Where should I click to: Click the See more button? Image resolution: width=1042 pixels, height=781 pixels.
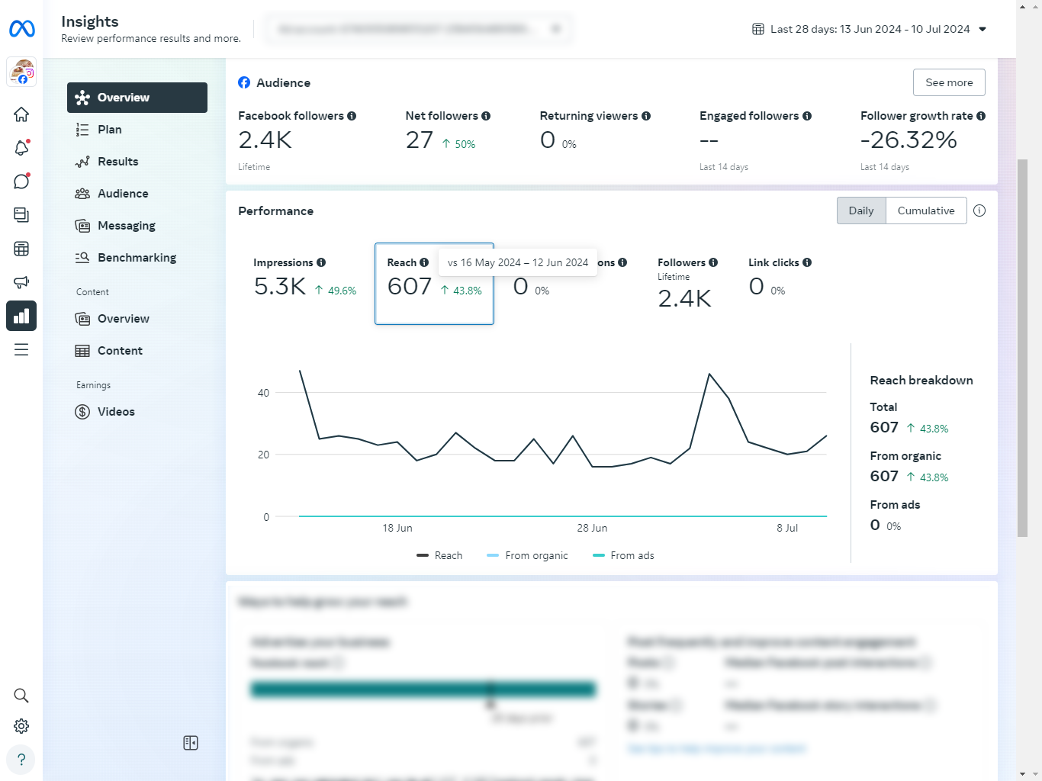[x=948, y=82]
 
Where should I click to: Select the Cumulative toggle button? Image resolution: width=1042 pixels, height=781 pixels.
[x=925, y=211]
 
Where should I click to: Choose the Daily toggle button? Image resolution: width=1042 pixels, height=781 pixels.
[x=860, y=211]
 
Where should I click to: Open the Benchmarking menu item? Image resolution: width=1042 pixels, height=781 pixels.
[x=137, y=258]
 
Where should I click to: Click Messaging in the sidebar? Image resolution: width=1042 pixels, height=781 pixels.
[x=126, y=226]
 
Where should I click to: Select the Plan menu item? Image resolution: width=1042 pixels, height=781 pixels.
[x=109, y=130]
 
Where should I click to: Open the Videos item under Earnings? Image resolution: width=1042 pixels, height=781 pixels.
[x=116, y=412]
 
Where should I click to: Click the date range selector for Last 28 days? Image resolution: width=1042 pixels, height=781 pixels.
[x=870, y=29]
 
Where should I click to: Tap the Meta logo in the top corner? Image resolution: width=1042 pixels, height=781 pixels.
[x=22, y=29]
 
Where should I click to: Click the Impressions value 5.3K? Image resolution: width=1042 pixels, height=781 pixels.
[x=279, y=287]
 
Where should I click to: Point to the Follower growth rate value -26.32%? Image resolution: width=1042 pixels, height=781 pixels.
[x=908, y=140]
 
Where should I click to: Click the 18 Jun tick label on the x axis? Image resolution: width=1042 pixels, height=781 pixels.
[x=397, y=528]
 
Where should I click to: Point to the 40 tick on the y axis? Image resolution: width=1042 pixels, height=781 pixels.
[x=263, y=393]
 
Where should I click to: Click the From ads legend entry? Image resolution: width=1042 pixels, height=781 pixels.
[x=632, y=555]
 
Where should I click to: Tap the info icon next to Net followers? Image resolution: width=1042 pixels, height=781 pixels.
[x=486, y=116]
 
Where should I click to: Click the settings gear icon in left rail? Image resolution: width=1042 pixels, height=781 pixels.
[x=21, y=726]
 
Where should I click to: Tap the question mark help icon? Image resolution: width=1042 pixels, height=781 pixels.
[x=21, y=760]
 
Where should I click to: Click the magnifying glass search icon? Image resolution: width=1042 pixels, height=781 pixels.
[x=21, y=696]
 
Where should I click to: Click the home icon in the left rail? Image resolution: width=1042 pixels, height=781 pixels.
[x=21, y=114]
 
